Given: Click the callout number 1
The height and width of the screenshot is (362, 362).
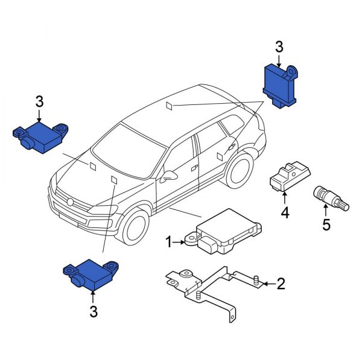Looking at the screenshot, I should (x=170, y=242).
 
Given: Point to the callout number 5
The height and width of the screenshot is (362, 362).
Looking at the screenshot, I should (x=326, y=226).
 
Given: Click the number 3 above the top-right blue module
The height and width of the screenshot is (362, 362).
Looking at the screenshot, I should (x=279, y=47).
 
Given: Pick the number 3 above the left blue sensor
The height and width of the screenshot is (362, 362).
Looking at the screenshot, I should (x=39, y=102).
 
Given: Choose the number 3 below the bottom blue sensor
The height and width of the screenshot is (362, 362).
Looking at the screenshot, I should (x=93, y=312).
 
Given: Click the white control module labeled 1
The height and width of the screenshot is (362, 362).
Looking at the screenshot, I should (x=226, y=233).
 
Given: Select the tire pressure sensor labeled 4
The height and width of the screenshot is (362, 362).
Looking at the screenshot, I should (x=286, y=177).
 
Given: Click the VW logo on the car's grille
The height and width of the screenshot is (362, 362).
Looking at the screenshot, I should (x=69, y=202).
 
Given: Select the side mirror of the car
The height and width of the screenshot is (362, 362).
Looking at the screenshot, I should (x=170, y=176).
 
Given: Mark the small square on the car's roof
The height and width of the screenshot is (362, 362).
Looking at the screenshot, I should (x=171, y=106).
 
